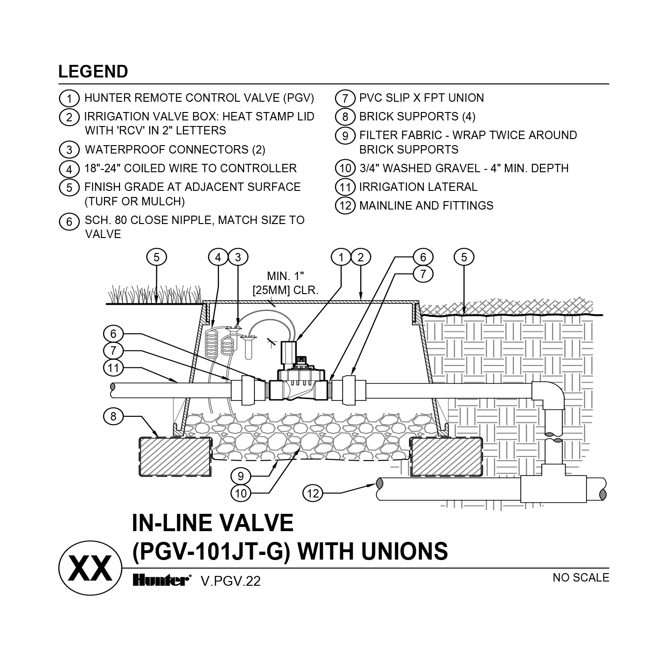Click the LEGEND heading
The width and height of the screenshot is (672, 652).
tap(93, 71)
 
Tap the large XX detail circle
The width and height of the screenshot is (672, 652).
tap(90, 568)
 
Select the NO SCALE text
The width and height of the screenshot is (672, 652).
tap(581, 577)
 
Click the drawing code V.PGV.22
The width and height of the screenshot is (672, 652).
tap(231, 581)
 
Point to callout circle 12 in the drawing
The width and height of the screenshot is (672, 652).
tap(313, 493)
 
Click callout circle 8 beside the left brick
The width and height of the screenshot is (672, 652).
tap(113, 416)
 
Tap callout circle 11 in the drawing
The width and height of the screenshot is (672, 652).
tap(113, 368)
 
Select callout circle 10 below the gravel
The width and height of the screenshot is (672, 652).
tap(241, 493)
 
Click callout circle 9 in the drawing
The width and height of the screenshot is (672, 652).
tap(241, 476)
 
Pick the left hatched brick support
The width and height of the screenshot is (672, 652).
tap(175, 456)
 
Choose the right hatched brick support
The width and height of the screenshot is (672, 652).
tap(446, 456)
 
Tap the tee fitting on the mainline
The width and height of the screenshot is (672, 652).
tap(553, 486)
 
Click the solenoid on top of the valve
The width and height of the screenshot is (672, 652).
tap(289, 352)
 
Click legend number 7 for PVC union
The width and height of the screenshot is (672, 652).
tap(345, 98)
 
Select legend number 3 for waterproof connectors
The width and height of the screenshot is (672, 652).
tap(69, 150)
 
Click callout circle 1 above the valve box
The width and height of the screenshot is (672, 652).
tap(341, 257)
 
